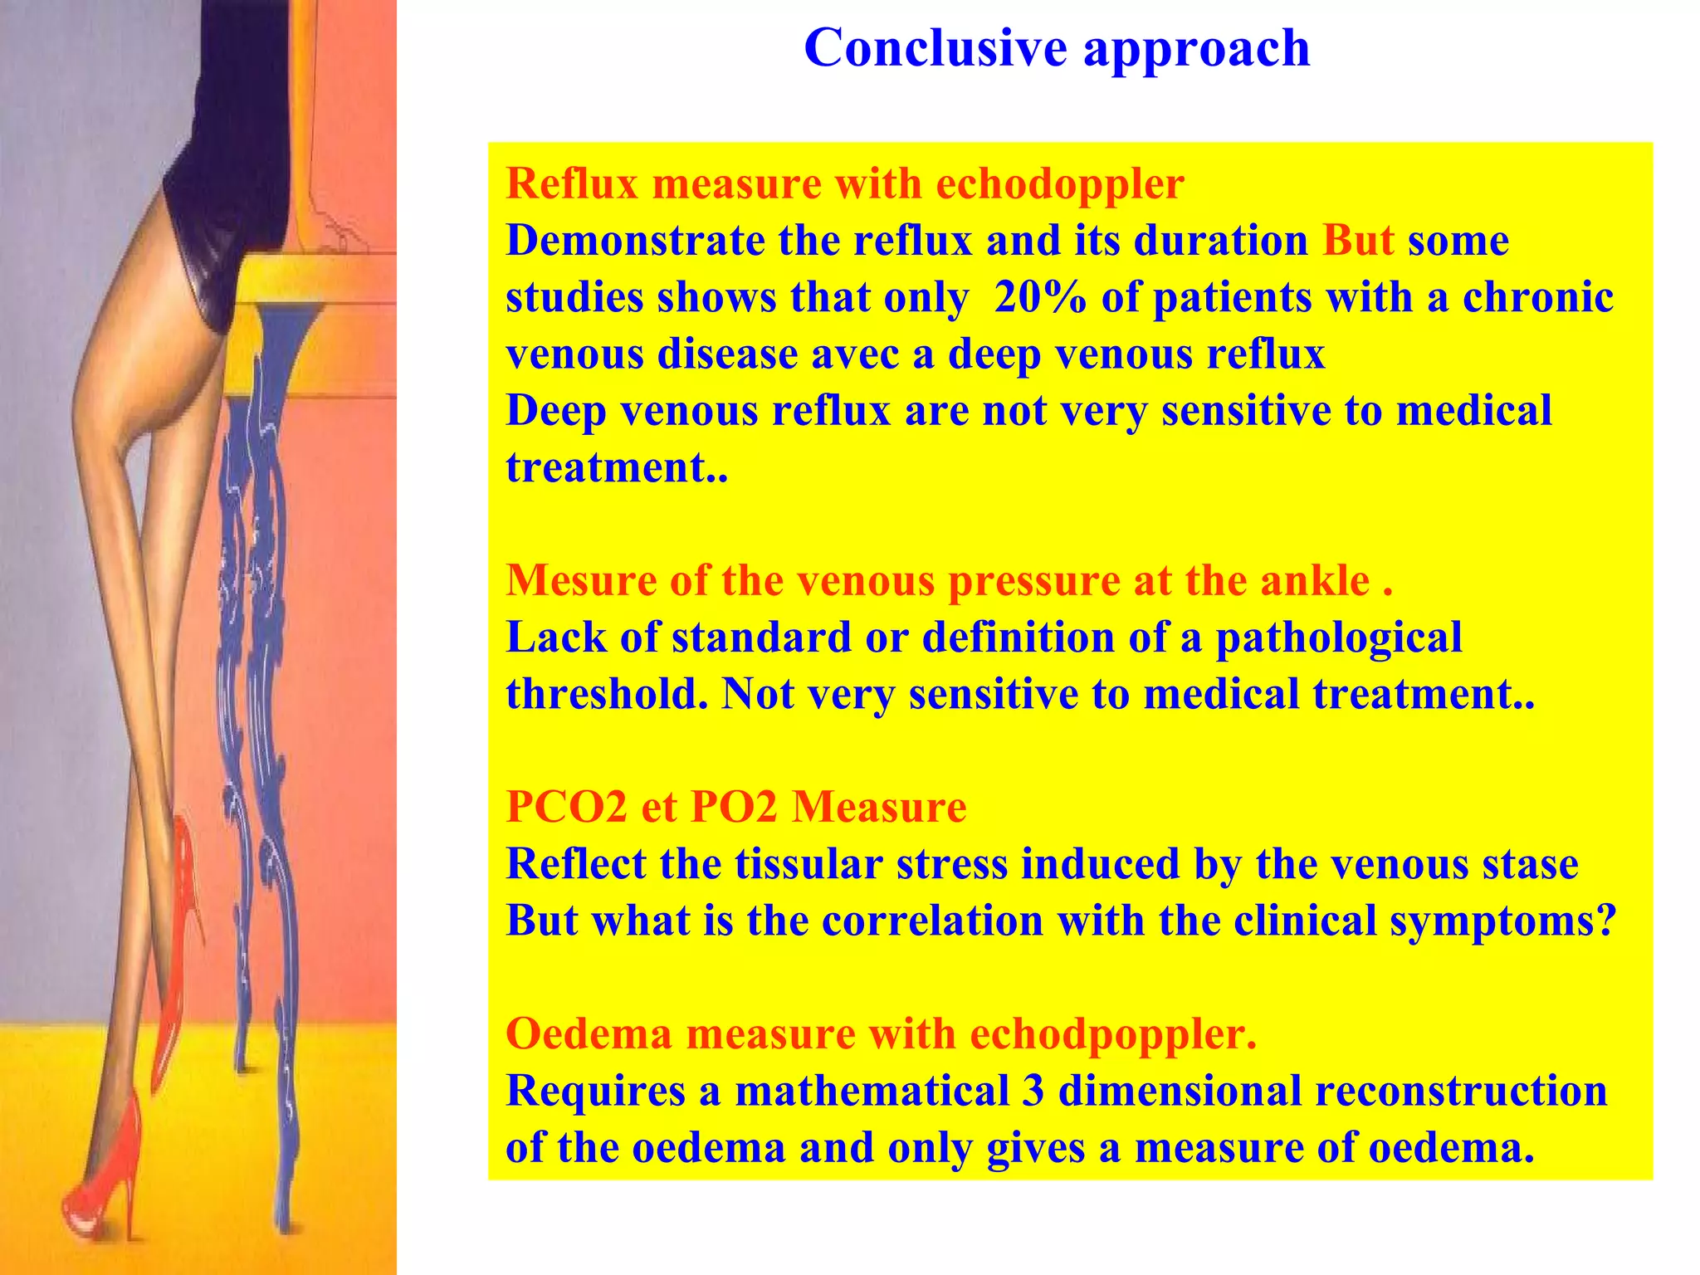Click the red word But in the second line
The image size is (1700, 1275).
[1358, 241]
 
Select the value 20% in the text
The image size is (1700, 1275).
[1039, 297]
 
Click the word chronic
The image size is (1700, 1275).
[1537, 297]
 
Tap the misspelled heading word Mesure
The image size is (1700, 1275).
[580, 580]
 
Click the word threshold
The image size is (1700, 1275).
[606, 694]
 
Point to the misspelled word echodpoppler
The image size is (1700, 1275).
[1112, 1035]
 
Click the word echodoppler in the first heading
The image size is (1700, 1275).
[1059, 184]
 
